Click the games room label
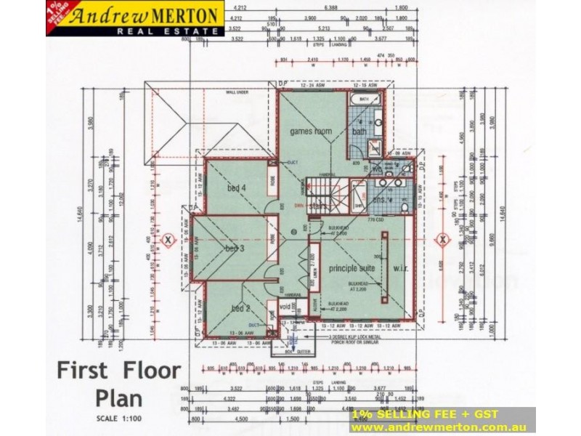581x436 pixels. tap(311, 132)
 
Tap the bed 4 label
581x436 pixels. tap(234, 188)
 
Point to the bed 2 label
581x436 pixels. tap(240, 308)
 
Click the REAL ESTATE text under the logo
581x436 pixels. tap(171, 31)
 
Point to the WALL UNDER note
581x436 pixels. tap(237, 93)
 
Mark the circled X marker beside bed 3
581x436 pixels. tap(168, 238)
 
